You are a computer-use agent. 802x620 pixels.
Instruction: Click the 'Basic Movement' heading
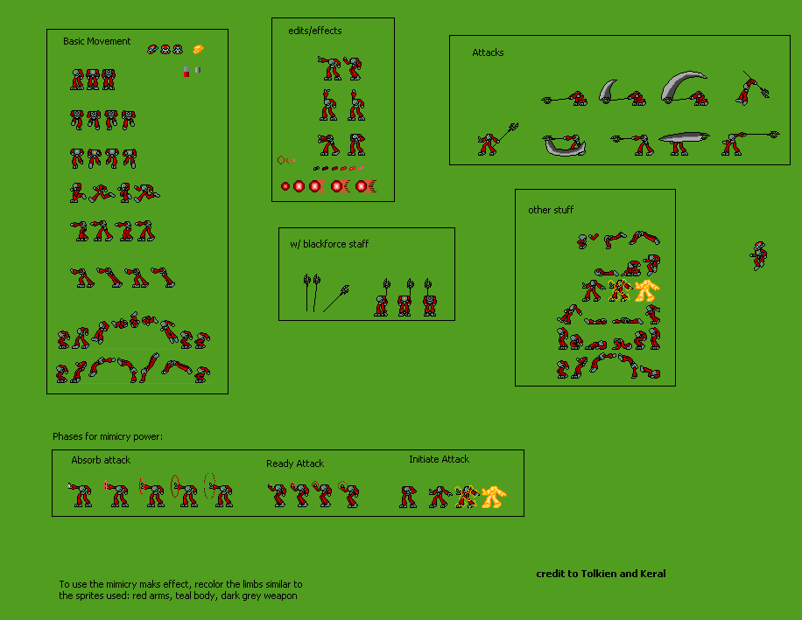(96, 41)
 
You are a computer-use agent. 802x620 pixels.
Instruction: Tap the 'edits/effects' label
(315, 31)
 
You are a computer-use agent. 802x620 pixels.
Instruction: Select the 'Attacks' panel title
(488, 52)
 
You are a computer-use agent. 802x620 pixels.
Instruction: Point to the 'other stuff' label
(551, 210)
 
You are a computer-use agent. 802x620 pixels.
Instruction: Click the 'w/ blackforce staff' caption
(329, 244)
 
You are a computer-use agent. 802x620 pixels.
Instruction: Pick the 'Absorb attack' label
(101, 460)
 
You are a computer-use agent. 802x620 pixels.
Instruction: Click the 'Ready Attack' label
(295, 463)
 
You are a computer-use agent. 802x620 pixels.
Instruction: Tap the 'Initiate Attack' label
(439, 459)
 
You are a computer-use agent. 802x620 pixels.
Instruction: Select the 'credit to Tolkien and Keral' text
(601, 574)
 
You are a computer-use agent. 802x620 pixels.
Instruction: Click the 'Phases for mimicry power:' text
(108, 436)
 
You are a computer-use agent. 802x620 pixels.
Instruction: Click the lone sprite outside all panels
(759, 255)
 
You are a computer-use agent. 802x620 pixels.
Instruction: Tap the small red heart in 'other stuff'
(594, 237)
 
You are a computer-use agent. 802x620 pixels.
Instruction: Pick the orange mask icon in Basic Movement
(198, 49)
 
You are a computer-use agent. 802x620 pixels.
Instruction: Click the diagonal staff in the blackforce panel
(336, 298)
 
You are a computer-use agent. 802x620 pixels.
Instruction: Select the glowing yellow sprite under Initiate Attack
(494, 497)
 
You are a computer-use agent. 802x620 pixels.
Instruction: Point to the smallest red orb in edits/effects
(285, 186)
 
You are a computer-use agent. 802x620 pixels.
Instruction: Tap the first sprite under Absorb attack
(81, 494)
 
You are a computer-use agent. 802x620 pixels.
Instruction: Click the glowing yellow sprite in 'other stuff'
(646, 290)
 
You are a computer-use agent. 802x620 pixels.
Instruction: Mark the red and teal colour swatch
(186, 72)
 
